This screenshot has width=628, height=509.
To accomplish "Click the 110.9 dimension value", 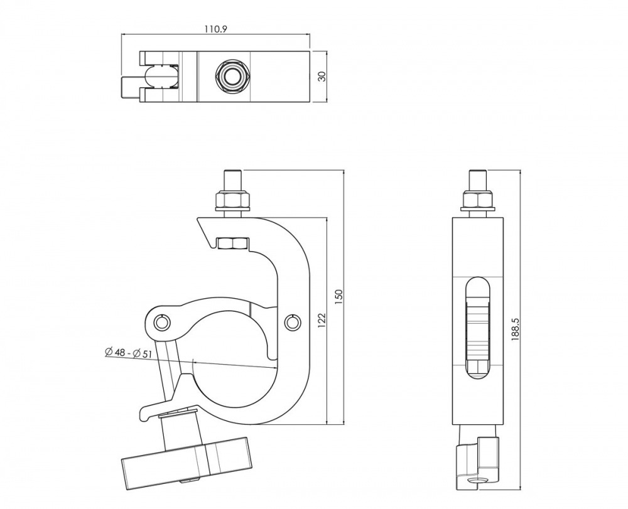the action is click(215, 29).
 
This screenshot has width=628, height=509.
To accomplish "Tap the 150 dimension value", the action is click(339, 297).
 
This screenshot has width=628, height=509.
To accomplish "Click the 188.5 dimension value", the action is click(516, 330).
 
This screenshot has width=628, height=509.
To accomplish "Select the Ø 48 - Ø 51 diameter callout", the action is click(129, 353).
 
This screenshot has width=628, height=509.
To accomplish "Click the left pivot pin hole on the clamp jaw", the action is click(163, 322).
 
